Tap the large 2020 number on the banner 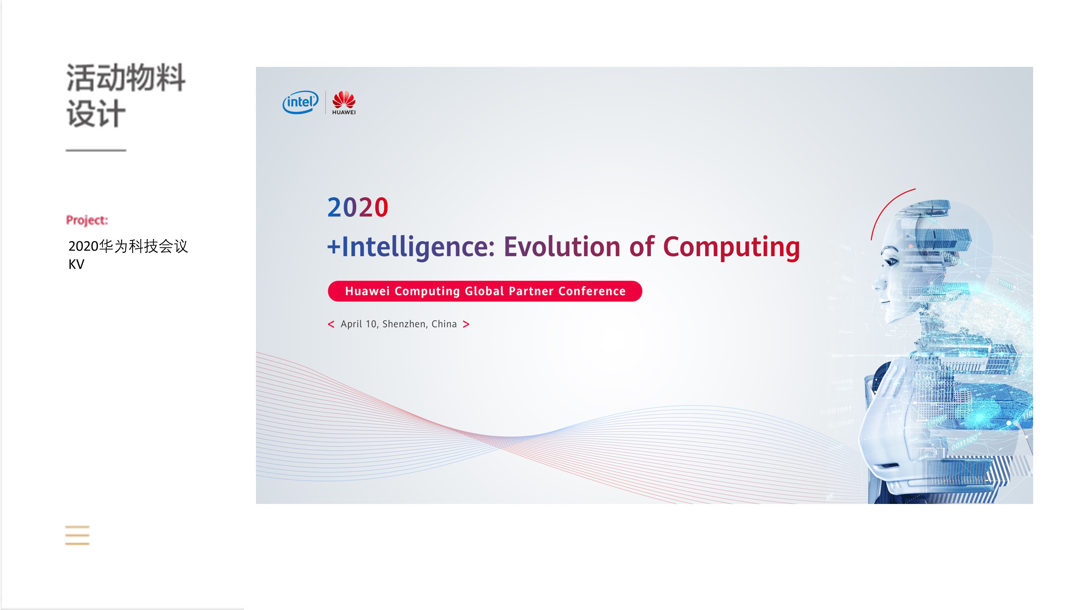point(358,207)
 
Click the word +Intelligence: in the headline point(411,247)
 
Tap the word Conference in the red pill point(592,291)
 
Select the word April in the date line point(351,324)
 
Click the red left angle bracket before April point(331,324)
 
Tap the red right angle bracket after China point(466,324)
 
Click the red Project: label point(87,220)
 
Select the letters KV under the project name point(76,264)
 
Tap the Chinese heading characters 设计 point(96,113)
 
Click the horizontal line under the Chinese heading point(96,150)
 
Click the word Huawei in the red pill point(367,291)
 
